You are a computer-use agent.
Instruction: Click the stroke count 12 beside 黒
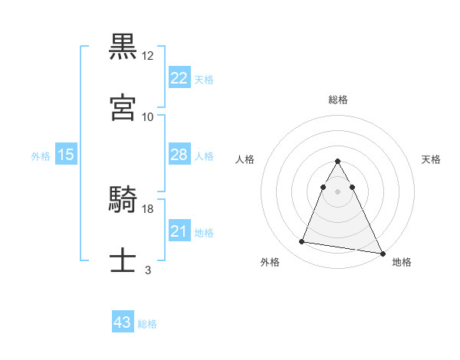tap(148, 56)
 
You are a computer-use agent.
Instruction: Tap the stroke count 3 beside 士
tap(148, 270)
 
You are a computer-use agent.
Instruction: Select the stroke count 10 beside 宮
tap(148, 116)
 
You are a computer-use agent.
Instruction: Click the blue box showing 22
tap(179, 78)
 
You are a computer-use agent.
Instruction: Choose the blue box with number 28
tap(179, 155)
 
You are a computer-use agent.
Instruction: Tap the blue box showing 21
tap(179, 231)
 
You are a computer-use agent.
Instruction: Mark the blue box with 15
tap(66, 155)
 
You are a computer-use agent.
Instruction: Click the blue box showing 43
tap(123, 322)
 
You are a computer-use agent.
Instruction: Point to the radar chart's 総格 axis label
tap(338, 100)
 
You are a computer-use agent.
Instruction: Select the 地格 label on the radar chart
tap(402, 263)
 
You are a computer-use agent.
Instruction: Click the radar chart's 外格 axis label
tap(270, 263)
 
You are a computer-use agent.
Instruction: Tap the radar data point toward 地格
tap(382, 252)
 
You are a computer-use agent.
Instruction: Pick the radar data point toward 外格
tap(302, 242)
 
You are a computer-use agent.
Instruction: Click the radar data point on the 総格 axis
tap(337, 162)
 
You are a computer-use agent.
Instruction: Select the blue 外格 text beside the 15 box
tap(41, 155)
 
